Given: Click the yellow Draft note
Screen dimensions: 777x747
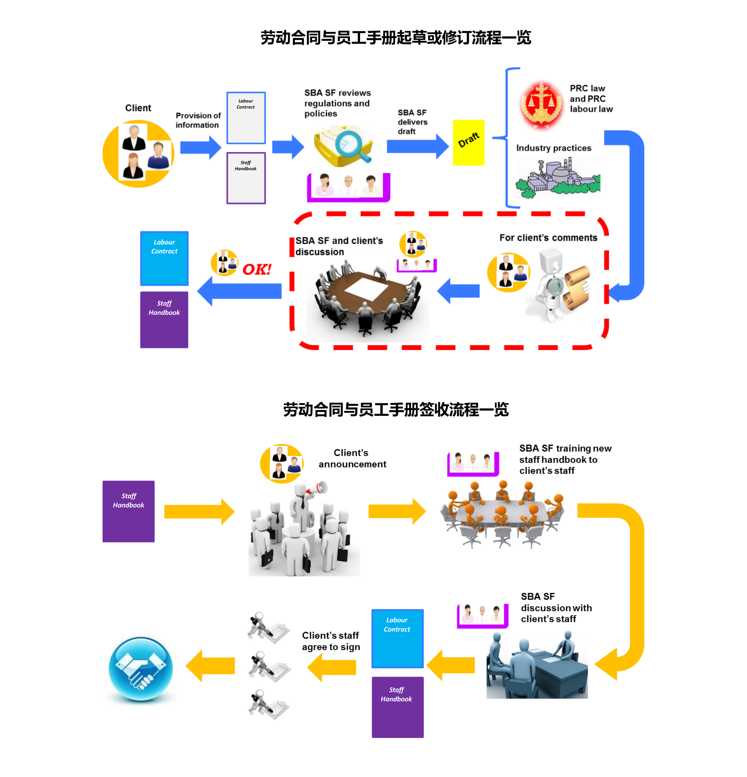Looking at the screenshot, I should pos(468,142).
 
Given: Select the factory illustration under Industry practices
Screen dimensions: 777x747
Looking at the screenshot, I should pos(558,178).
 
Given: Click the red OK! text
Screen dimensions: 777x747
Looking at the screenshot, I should pos(257,270).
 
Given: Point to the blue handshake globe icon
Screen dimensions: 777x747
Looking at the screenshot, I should pos(140,669).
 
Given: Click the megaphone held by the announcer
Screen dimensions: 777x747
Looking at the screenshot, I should pos(317,489).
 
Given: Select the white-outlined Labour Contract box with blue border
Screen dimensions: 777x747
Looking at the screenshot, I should pos(246,118).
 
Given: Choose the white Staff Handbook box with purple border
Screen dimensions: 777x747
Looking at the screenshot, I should pos(246,178).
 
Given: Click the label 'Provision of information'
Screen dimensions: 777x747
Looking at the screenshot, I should pos(198,120).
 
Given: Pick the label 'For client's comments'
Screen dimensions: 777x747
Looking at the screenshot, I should pos(548,237).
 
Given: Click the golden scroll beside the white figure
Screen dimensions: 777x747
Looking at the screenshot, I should pos(577,287).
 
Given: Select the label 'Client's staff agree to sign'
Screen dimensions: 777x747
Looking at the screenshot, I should pos(331,641).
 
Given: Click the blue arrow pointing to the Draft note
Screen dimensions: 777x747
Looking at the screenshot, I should pos(417,146).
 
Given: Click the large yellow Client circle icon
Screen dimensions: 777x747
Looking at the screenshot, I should pos(138,154).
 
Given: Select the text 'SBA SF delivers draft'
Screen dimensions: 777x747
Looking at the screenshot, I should pos(412,122).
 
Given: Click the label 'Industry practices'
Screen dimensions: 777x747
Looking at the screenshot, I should pos(553,148).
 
